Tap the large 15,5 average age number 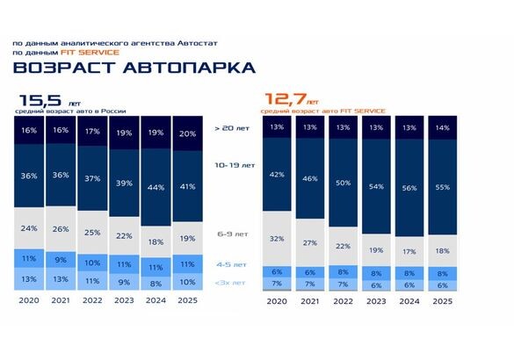[x=40, y=100]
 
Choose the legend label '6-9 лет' [x=232, y=234]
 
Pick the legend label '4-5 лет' [x=232, y=263]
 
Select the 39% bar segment [x=123, y=183]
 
